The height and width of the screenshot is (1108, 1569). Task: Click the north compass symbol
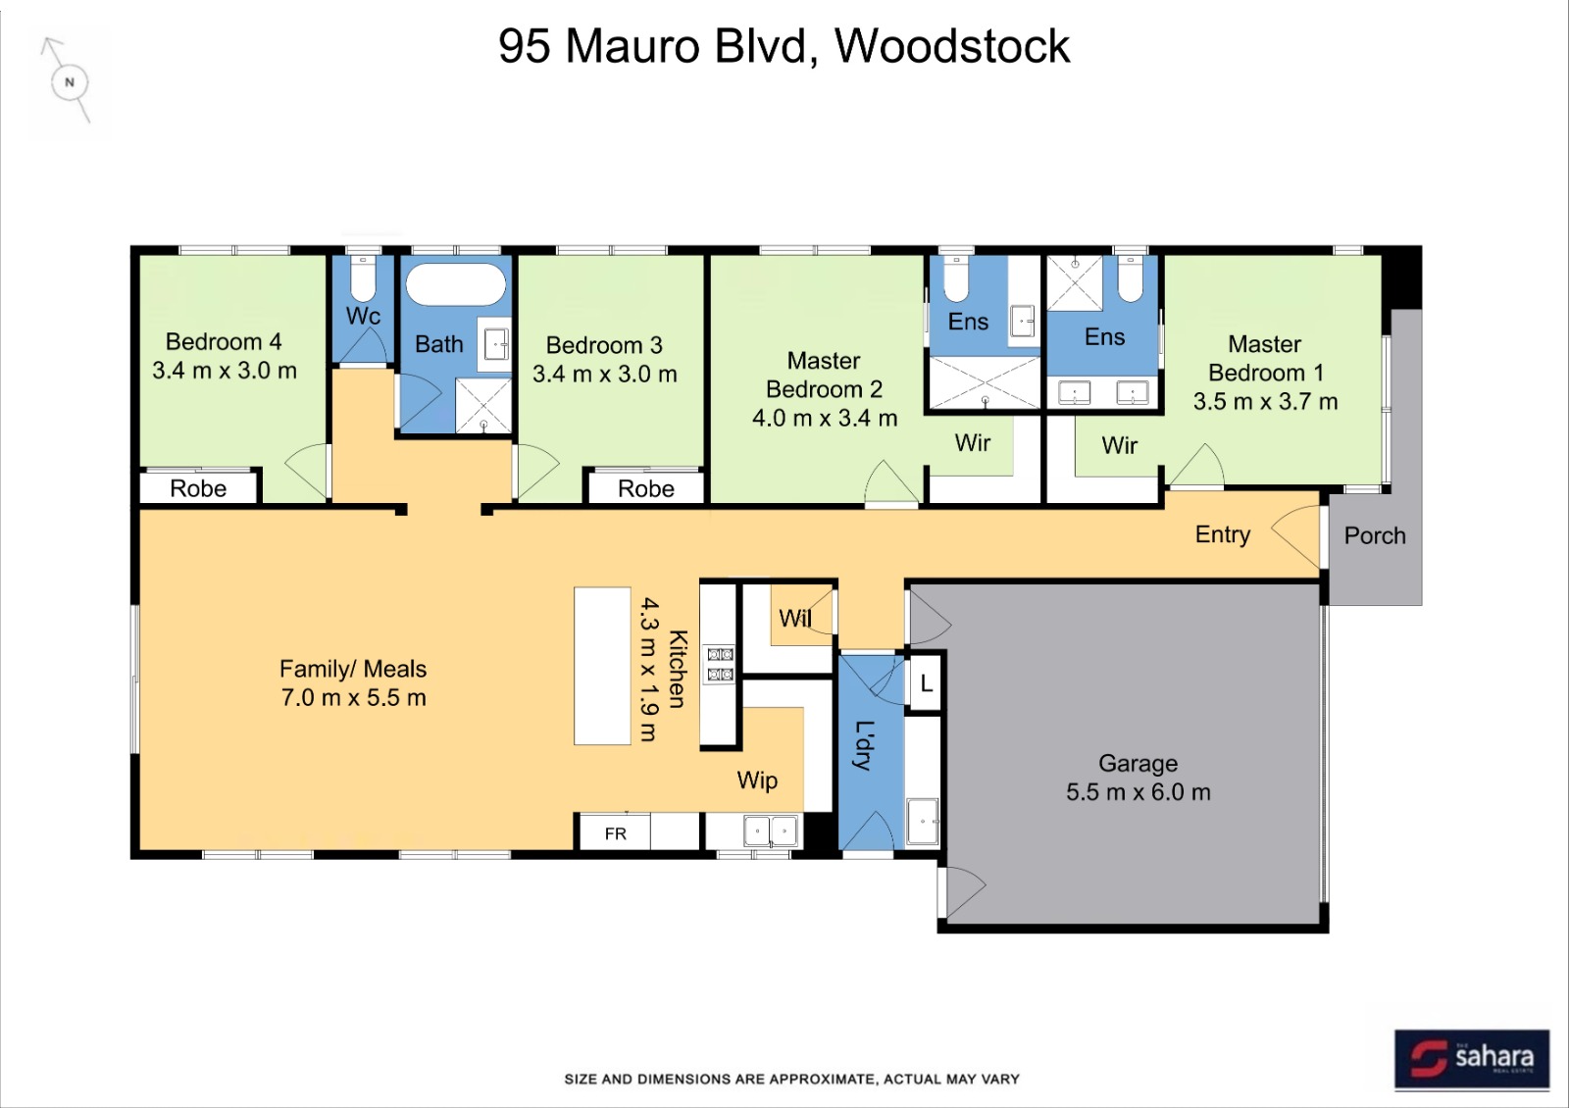click(x=70, y=82)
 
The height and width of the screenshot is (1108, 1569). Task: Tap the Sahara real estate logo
click(x=1472, y=1058)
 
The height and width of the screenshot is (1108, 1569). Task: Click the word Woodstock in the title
click(x=952, y=46)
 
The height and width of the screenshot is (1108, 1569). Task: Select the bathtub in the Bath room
click(x=456, y=284)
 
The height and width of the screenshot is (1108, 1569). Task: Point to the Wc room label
click(x=363, y=316)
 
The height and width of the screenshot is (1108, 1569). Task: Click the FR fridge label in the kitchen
click(x=616, y=833)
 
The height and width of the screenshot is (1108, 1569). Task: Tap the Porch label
click(x=1374, y=535)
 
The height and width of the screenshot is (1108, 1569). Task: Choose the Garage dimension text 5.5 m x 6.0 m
click(x=1139, y=792)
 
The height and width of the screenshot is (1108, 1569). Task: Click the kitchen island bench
click(x=602, y=666)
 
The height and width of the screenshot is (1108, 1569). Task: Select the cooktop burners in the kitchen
click(x=720, y=664)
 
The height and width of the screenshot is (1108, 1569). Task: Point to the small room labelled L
click(x=926, y=682)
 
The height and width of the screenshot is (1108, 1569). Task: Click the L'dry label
click(x=865, y=745)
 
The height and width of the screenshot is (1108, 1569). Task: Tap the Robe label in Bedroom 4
click(x=198, y=488)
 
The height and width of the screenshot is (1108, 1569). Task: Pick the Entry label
click(x=1222, y=534)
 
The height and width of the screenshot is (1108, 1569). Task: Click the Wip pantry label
click(x=757, y=781)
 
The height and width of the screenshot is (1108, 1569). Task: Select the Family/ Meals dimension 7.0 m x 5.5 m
click(x=354, y=697)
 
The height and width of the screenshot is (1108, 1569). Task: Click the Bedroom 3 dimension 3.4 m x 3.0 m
click(x=604, y=374)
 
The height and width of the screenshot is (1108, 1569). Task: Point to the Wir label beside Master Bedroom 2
click(x=972, y=442)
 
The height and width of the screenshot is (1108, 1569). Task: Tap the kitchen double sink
click(x=771, y=831)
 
